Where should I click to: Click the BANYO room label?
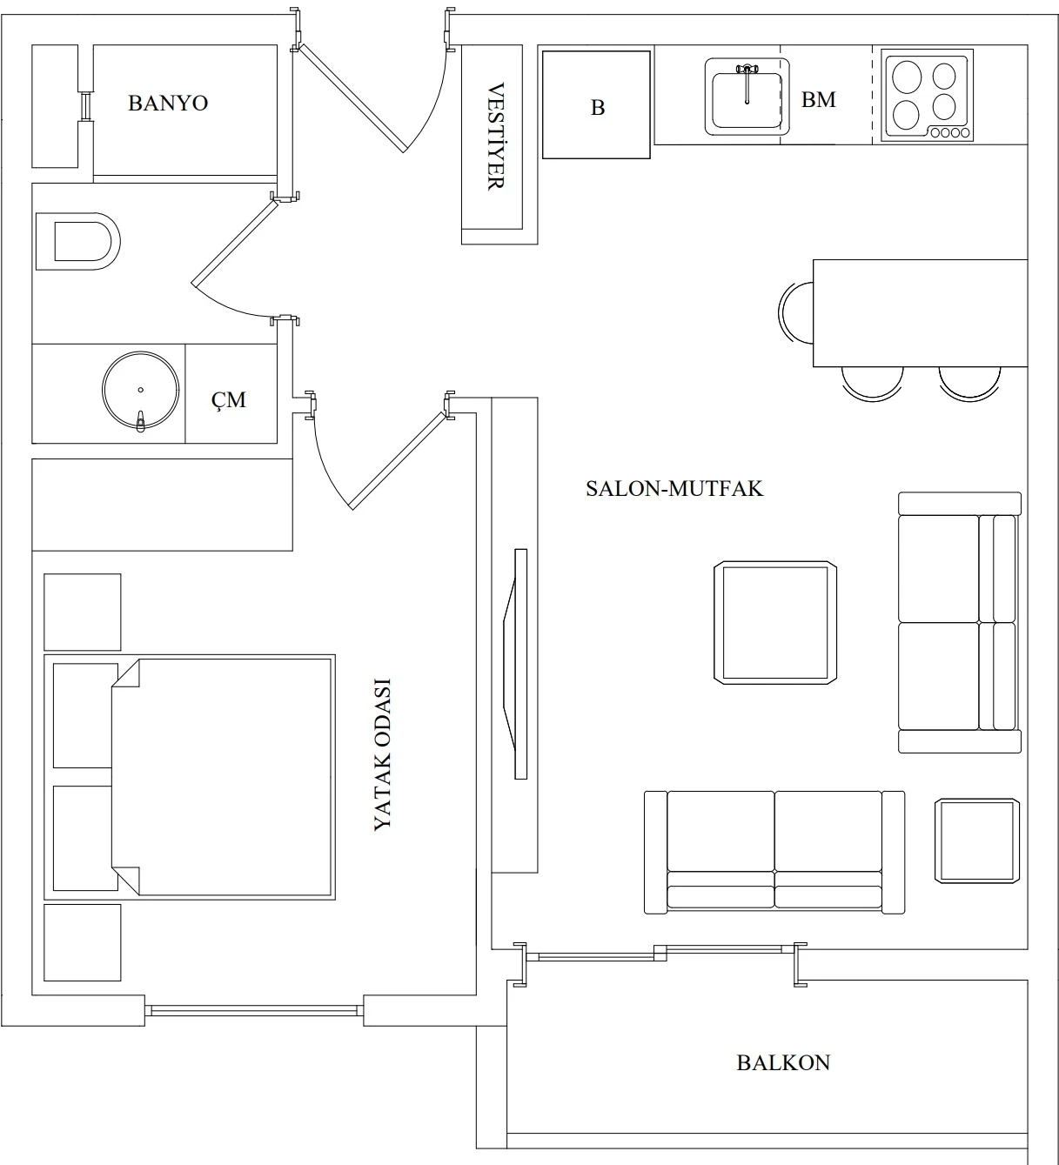(168, 104)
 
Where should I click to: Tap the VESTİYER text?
(495, 137)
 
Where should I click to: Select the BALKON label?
(783, 1063)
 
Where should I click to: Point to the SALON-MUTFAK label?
(674, 488)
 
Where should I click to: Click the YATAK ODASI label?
(382, 754)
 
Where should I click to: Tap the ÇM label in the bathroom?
(228, 399)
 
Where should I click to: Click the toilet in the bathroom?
(77, 241)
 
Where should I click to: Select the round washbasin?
(141, 391)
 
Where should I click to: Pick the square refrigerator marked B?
(596, 104)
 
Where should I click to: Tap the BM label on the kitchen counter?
(819, 100)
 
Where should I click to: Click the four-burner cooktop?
(927, 95)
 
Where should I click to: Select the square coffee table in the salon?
(775, 623)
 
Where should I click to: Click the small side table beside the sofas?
(977, 840)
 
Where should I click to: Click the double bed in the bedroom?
(190, 777)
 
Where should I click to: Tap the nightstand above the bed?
(83, 613)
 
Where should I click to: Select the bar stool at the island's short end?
(796, 313)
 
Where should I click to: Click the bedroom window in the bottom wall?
(254, 1010)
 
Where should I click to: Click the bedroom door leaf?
(398, 460)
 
